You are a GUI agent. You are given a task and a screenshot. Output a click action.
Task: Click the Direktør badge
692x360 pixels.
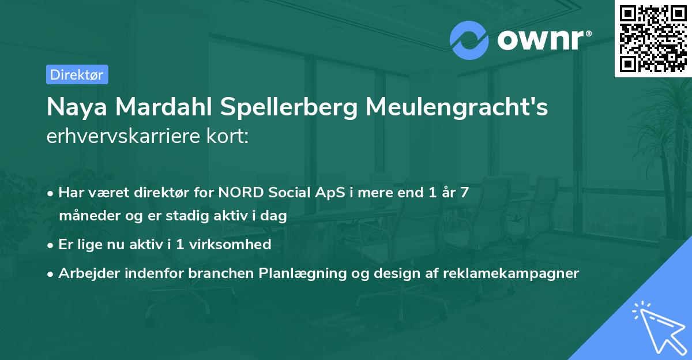tap(77, 74)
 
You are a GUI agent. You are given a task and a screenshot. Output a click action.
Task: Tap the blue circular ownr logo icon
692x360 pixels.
tap(469, 40)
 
